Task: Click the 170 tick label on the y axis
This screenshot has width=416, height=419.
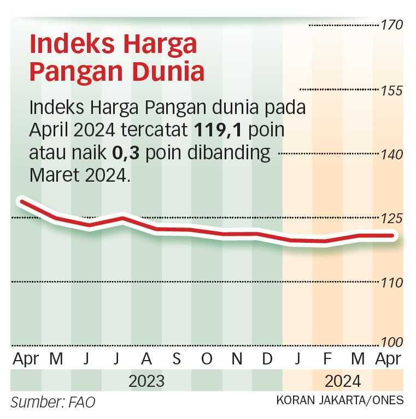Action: (392, 25)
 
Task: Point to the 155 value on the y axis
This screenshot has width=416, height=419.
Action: (392, 90)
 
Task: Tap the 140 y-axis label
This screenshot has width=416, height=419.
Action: (392, 154)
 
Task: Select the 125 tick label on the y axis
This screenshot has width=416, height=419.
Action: (392, 219)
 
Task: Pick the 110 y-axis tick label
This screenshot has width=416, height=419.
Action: (392, 283)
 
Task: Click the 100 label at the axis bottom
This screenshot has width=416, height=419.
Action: (392, 343)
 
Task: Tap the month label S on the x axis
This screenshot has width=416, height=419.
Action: (177, 359)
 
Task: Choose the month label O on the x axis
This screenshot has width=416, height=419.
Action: (207, 359)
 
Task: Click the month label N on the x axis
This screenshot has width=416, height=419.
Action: (237, 359)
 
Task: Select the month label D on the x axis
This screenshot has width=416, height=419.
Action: (267, 359)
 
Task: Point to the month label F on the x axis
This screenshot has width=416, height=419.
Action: (327, 359)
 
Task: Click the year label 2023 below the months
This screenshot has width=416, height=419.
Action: (147, 380)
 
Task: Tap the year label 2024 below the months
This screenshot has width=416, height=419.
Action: (343, 380)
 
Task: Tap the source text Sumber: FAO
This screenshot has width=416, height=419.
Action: (53, 403)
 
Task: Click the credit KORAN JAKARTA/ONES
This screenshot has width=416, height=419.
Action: (340, 400)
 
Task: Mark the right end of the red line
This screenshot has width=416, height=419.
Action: (395, 236)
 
